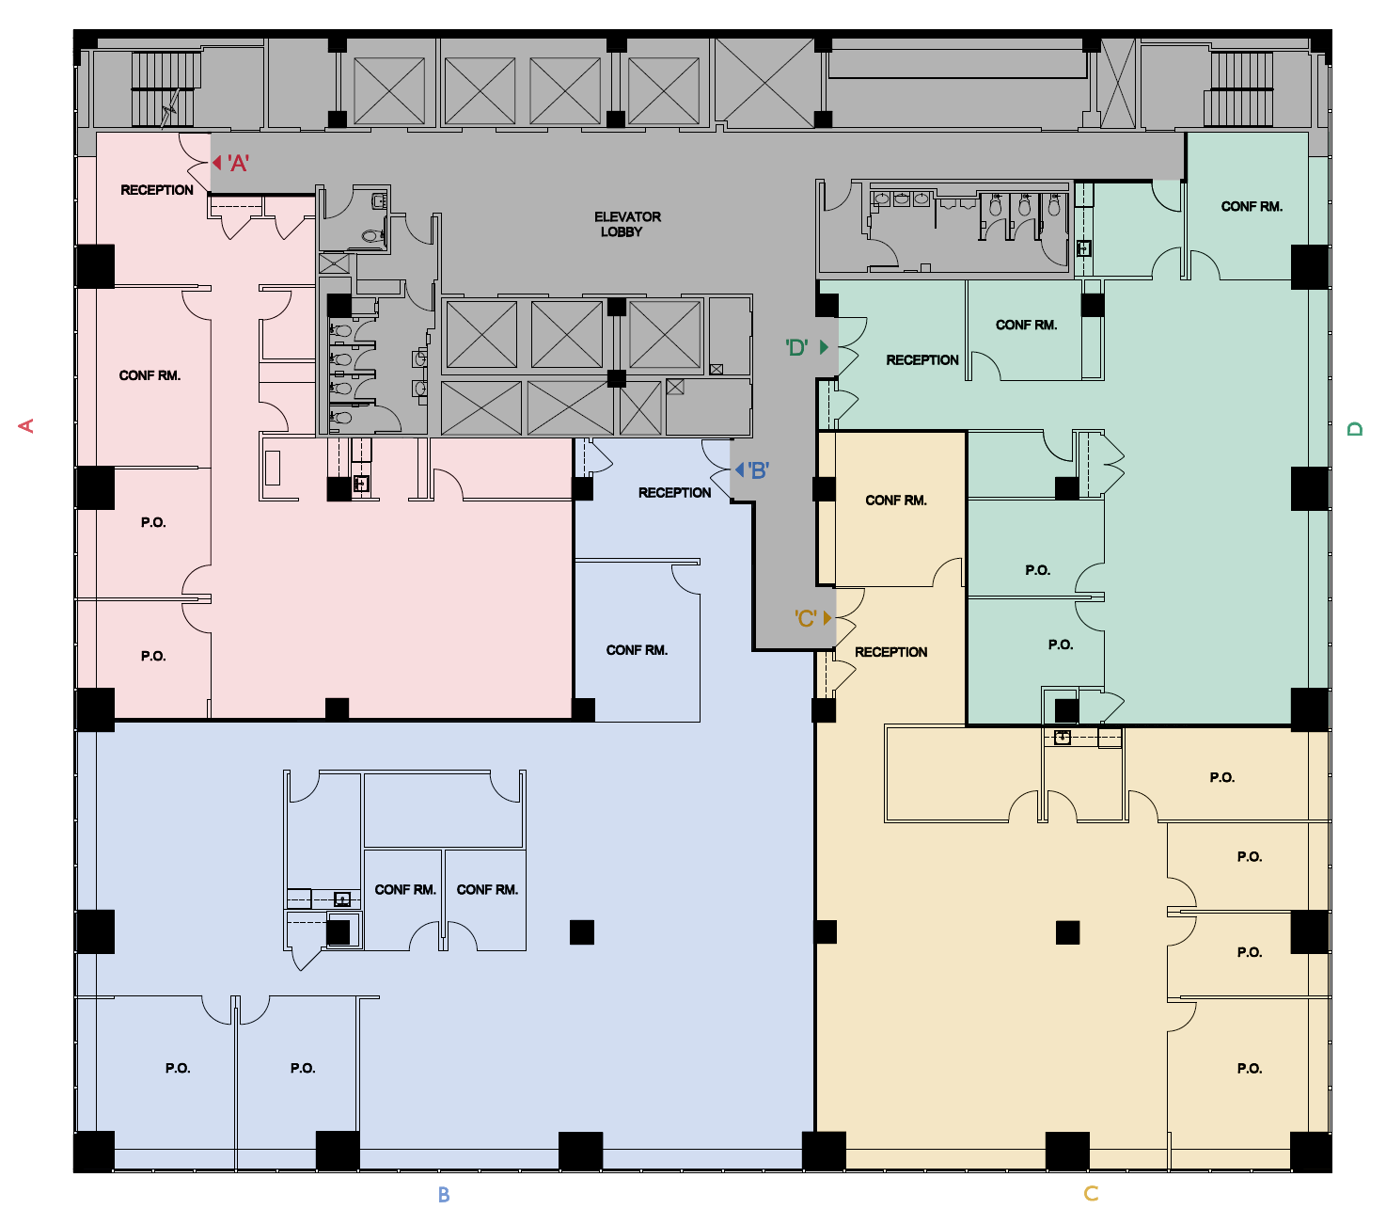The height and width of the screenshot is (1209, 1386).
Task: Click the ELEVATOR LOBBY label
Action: (627, 224)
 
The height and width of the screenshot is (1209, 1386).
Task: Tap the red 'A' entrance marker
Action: (231, 164)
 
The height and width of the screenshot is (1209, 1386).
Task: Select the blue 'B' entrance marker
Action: (753, 470)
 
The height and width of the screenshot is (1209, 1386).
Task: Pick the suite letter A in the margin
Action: (26, 426)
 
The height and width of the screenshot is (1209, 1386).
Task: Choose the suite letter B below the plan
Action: (444, 1195)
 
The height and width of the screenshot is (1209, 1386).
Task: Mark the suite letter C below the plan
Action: (1091, 1194)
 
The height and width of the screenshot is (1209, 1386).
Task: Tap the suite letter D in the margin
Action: (1355, 429)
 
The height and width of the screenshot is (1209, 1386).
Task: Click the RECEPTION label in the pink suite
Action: (157, 190)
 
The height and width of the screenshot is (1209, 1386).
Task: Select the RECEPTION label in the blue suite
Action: (674, 493)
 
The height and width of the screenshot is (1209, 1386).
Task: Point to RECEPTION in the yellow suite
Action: (890, 652)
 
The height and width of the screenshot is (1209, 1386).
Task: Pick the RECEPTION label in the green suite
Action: (921, 360)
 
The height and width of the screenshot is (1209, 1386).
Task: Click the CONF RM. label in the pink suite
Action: (150, 375)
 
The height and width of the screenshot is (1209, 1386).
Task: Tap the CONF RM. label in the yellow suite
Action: (895, 501)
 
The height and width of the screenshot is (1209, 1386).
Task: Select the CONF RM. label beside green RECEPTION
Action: (1026, 325)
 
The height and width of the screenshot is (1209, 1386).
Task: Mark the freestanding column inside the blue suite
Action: (582, 932)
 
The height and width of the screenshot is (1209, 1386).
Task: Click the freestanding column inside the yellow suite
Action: (1067, 932)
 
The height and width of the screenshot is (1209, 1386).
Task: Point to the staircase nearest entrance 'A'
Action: (165, 89)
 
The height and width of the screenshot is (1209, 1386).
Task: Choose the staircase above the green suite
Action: (1240, 89)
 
